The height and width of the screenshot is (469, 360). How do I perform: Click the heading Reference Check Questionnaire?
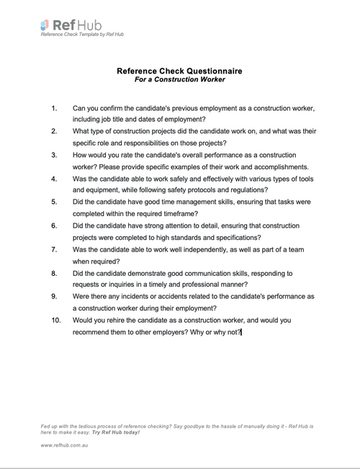pos(179,71)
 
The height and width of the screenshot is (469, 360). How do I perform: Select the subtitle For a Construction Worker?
pos(179,80)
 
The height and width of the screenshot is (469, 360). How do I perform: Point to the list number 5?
pos(55,202)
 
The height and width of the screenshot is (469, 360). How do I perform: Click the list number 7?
pos(55,249)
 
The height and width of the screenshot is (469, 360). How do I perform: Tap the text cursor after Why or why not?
pos(242,332)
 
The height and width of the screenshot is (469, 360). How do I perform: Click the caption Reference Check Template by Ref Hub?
pos(83,35)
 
